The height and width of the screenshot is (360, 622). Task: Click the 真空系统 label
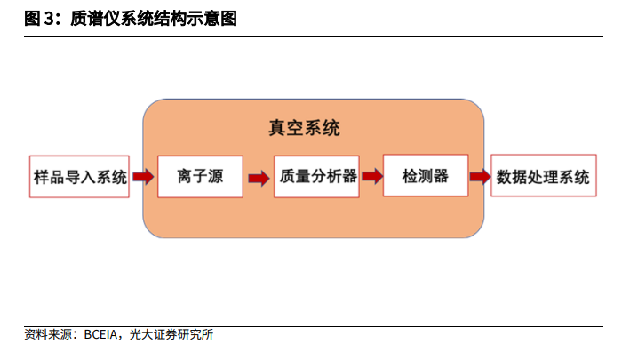[304, 128]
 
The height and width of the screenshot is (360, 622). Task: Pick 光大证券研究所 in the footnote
[171, 335]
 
